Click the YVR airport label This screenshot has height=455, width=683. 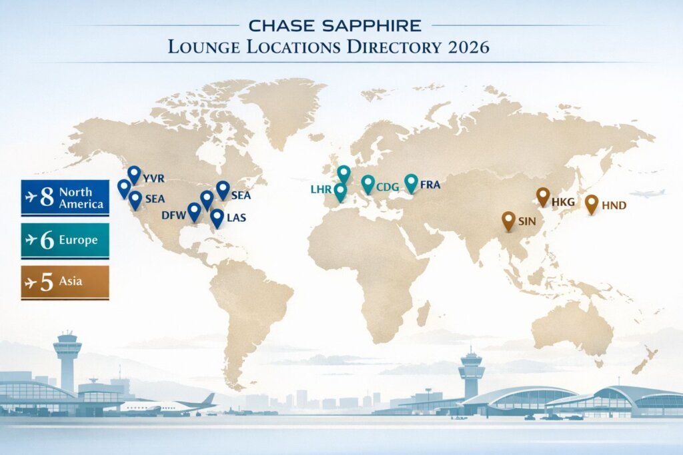tap(153, 179)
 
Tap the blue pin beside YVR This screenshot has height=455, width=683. tap(134, 175)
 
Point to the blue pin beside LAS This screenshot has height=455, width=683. tap(216, 217)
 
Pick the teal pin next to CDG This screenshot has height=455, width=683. tap(368, 183)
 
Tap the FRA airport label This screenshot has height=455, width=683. tap(431, 185)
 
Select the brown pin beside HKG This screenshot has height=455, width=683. tap(543, 196)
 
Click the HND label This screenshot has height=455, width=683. tap(614, 205)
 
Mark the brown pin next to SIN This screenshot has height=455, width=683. tap(508, 220)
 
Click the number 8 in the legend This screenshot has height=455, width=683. tap(47, 198)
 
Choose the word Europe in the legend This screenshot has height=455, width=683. tap(78, 240)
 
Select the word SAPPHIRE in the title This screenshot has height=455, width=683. tap(378, 26)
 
